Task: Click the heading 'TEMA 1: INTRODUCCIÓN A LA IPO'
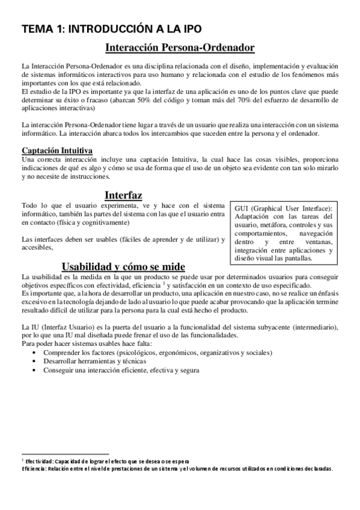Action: coord(111,28)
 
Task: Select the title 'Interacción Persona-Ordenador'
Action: coord(180,47)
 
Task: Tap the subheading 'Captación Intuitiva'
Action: coord(56,150)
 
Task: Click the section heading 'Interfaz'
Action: coord(123,195)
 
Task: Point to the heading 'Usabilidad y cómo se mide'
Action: coord(123,266)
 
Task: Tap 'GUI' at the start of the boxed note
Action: coord(243,207)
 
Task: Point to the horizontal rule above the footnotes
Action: coord(64,455)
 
